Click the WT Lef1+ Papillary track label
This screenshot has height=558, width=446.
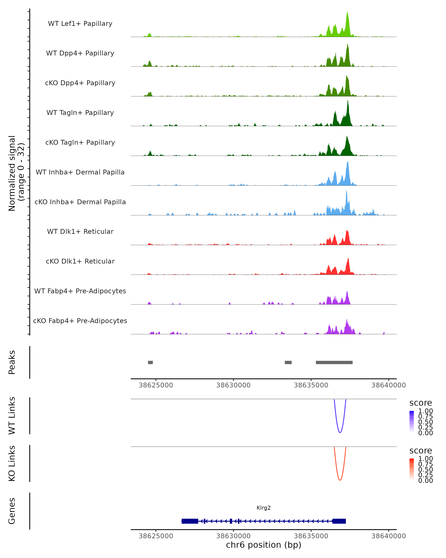pos(80,24)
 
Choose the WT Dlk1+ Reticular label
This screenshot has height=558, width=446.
pos(80,231)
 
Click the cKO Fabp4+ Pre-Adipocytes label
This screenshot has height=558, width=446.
pos(80,321)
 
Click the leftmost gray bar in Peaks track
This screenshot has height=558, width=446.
pos(150,362)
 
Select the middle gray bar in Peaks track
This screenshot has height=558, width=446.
pos(288,362)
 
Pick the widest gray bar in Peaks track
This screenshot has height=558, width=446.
pos(334,362)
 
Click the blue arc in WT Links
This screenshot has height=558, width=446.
pos(340,432)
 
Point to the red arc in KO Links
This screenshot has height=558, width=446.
pos(340,480)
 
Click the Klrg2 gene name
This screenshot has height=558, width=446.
pos(264,508)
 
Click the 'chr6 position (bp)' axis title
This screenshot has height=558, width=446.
pos(264,545)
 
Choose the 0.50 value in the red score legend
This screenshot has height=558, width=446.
pos(425,469)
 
